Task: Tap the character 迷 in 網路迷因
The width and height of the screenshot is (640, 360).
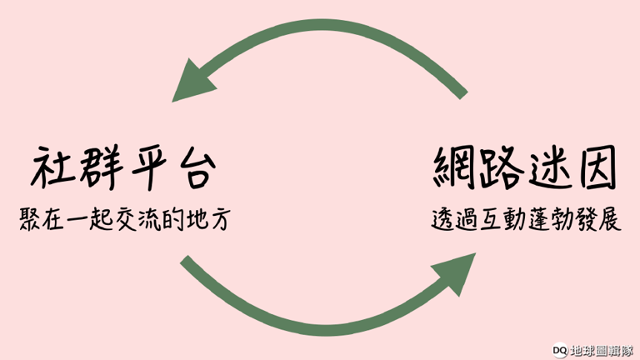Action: click(555, 169)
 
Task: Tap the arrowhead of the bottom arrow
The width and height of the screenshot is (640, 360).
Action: click(454, 274)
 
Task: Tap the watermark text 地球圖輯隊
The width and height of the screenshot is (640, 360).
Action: click(602, 350)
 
